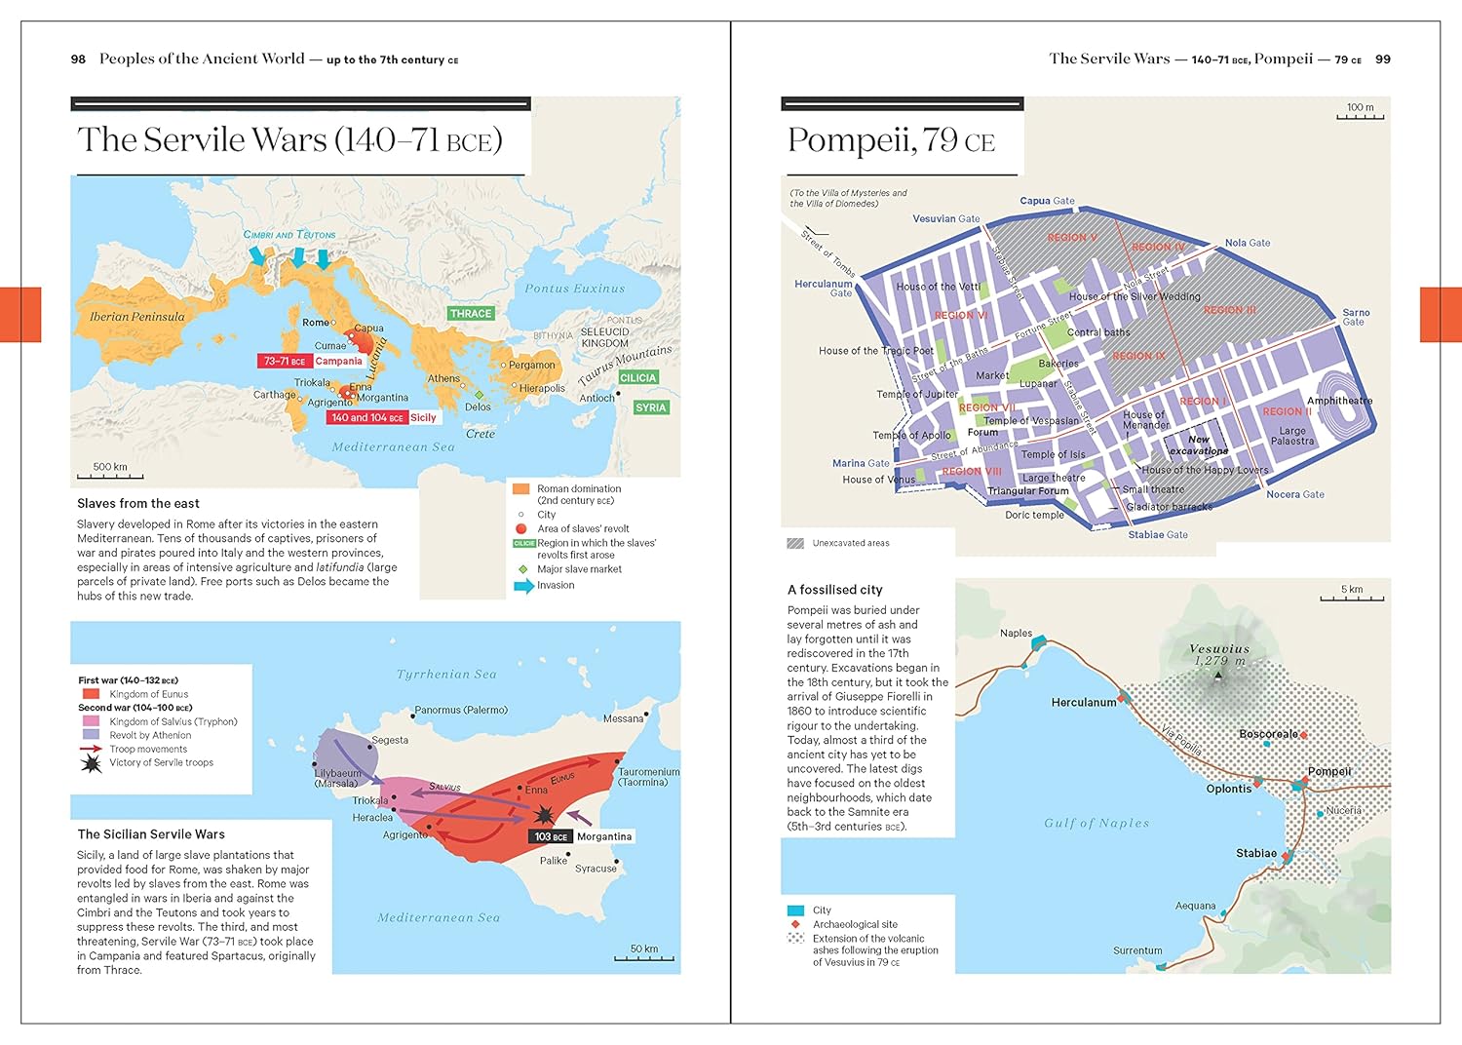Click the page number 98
tap(78, 59)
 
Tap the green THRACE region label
tap(471, 314)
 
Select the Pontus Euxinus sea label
tap(574, 289)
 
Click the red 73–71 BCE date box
tap(285, 361)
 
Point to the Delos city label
tap(478, 407)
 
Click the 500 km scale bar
tap(110, 477)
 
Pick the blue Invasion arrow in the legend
tap(523, 586)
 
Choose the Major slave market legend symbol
tap(522, 569)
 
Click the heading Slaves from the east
tap(138, 504)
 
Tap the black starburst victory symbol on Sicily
tap(542, 814)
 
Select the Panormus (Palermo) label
tap(461, 710)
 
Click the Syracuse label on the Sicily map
tap(596, 869)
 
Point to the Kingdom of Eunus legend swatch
tap(91, 694)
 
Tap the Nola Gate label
tap(1248, 243)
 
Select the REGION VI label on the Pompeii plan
tap(961, 315)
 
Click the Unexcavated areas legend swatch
tap(795, 543)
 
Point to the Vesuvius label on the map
tap(1218, 649)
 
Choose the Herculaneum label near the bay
tap(1083, 702)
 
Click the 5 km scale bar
tap(1352, 598)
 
